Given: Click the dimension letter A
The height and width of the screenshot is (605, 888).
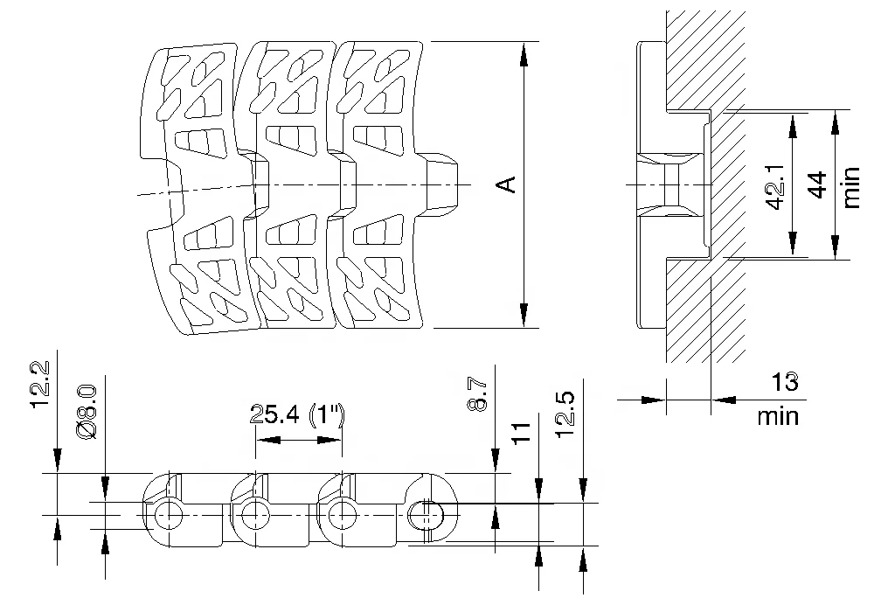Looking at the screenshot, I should click(x=505, y=184).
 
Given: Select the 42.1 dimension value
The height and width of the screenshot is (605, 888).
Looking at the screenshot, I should click(x=774, y=186).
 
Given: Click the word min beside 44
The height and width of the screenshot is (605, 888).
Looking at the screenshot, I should click(x=853, y=186).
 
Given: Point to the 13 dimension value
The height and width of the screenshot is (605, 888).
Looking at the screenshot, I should click(x=784, y=382).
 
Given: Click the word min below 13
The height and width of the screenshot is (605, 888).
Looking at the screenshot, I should click(x=778, y=415).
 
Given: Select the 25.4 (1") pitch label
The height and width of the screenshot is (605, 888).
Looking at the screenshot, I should click(x=298, y=415).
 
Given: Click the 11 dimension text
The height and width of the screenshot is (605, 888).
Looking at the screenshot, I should click(x=522, y=433).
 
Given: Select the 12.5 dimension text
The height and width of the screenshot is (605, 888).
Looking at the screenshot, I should click(x=565, y=408).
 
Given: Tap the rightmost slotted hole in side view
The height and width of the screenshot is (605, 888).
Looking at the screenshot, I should click(x=427, y=515).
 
